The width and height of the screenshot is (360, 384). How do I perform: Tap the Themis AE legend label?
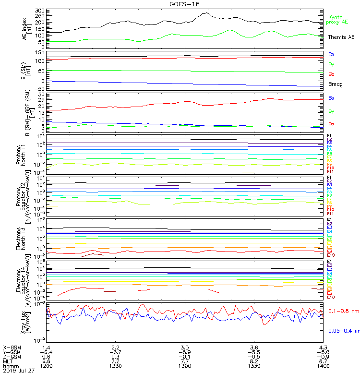point(341,37)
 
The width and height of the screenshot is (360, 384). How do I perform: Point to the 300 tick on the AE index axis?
point(40,11)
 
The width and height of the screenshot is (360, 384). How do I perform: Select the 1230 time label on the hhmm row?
point(115,366)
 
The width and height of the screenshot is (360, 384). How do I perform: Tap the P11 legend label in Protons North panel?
point(330,171)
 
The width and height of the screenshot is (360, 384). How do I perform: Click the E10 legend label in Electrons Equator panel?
point(331,297)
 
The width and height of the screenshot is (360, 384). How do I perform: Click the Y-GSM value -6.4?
point(46,351)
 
